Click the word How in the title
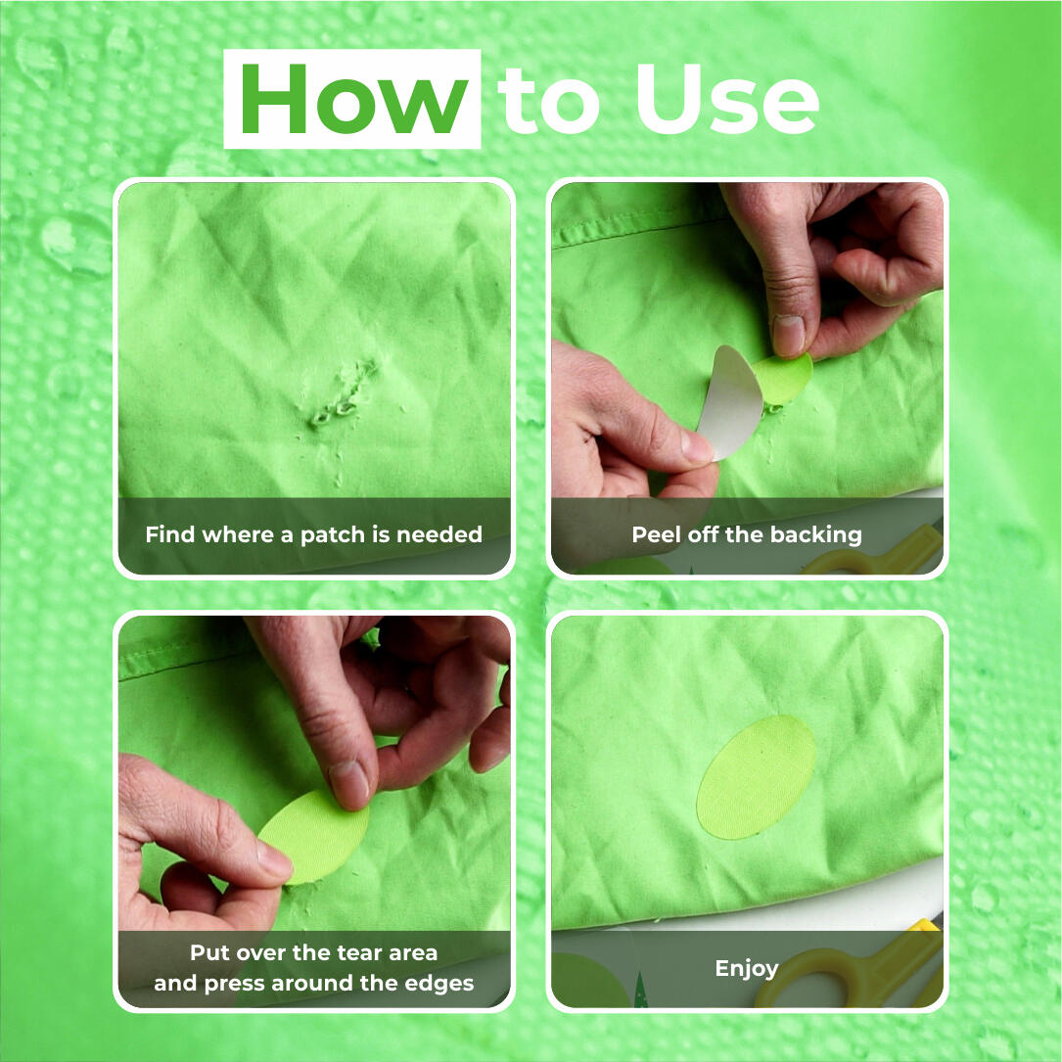tap(353, 99)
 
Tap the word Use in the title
tap(726, 99)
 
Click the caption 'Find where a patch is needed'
tap(313, 534)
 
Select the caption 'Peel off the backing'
tap(747, 534)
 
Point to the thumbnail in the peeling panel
tap(790, 335)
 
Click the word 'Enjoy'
tap(747, 969)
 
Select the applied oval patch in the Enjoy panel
tap(756, 777)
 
